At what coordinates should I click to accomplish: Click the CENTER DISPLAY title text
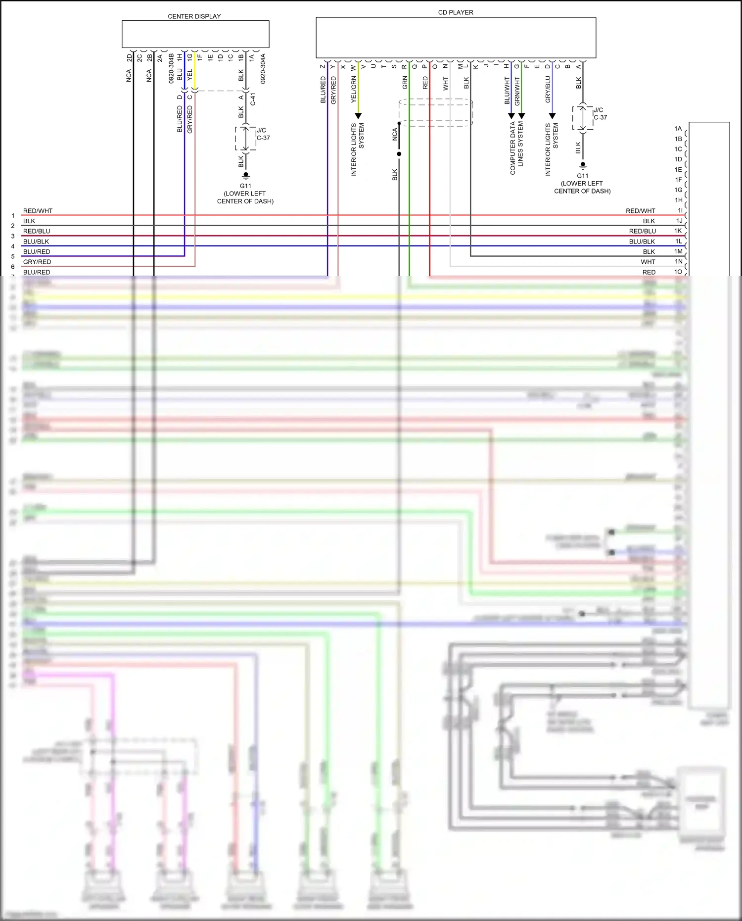click(194, 16)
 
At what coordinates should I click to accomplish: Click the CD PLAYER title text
click(455, 12)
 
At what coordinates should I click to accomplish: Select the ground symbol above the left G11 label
click(245, 175)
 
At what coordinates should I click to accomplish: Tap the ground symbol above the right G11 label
click(583, 165)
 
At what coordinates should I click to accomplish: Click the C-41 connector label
click(253, 99)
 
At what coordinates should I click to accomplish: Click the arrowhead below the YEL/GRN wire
click(358, 116)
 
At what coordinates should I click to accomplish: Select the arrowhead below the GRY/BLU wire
click(552, 116)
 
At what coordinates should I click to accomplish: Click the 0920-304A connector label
click(263, 68)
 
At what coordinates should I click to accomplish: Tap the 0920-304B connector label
click(171, 68)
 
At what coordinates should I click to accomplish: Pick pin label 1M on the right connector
click(678, 251)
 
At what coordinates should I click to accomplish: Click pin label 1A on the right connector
click(678, 129)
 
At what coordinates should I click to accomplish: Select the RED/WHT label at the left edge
click(38, 211)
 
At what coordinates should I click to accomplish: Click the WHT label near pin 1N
click(648, 262)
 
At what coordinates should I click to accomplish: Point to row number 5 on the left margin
click(13, 256)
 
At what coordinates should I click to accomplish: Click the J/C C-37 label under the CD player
click(600, 114)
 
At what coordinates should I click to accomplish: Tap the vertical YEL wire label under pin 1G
click(190, 75)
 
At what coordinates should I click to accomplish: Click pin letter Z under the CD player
click(323, 66)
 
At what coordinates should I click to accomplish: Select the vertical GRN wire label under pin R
click(405, 83)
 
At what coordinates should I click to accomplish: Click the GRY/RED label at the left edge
click(37, 262)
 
